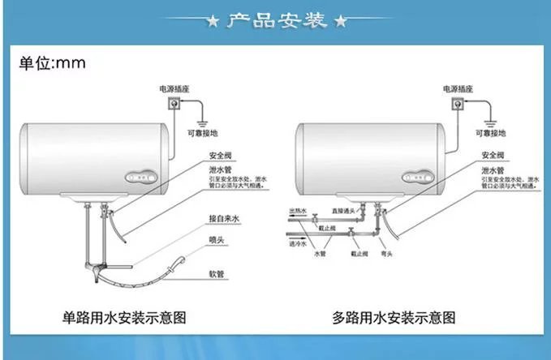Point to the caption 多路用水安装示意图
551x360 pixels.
click(394, 316)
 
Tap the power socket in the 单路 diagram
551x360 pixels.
click(172, 105)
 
